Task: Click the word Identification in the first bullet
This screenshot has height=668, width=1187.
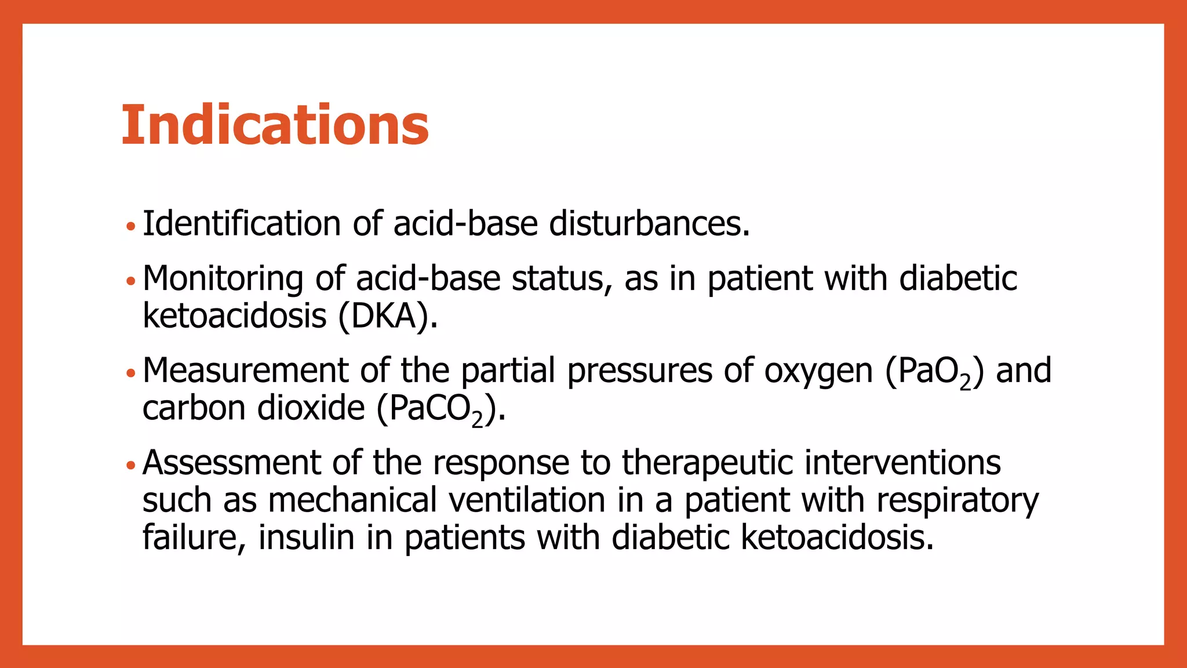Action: pyautogui.click(x=242, y=224)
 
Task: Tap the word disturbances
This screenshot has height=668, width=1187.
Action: pyautogui.click(x=649, y=224)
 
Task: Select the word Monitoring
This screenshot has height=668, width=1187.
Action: pyautogui.click(x=223, y=279)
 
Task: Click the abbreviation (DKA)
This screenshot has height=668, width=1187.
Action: pyautogui.click(x=387, y=317)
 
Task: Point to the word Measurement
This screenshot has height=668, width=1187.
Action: pyautogui.click(x=245, y=371)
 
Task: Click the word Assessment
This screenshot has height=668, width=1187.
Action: pyautogui.click(x=231, y=463)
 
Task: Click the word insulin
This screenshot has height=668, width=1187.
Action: pyautogui.click(x=306, y=537)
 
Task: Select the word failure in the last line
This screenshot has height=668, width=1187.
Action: pyautogui.click(x=190, y=537)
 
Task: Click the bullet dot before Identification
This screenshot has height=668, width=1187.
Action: pyautogui.click(x=130, y=226)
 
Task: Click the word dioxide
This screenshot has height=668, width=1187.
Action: pyautogui.click(x=311, y=408)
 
